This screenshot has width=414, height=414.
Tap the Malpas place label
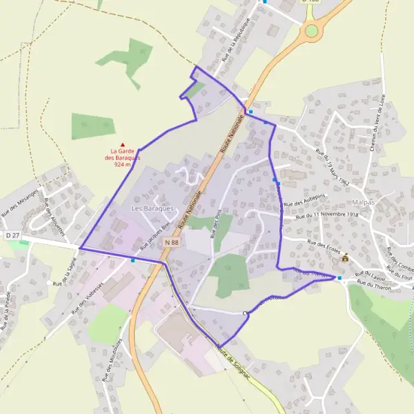(363, 202)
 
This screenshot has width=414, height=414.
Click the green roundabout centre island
(312, 30)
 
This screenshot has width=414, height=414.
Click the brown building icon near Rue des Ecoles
(345, 258)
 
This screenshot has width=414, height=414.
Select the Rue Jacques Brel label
(155, 237)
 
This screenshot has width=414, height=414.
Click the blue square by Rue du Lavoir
(339, 277)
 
